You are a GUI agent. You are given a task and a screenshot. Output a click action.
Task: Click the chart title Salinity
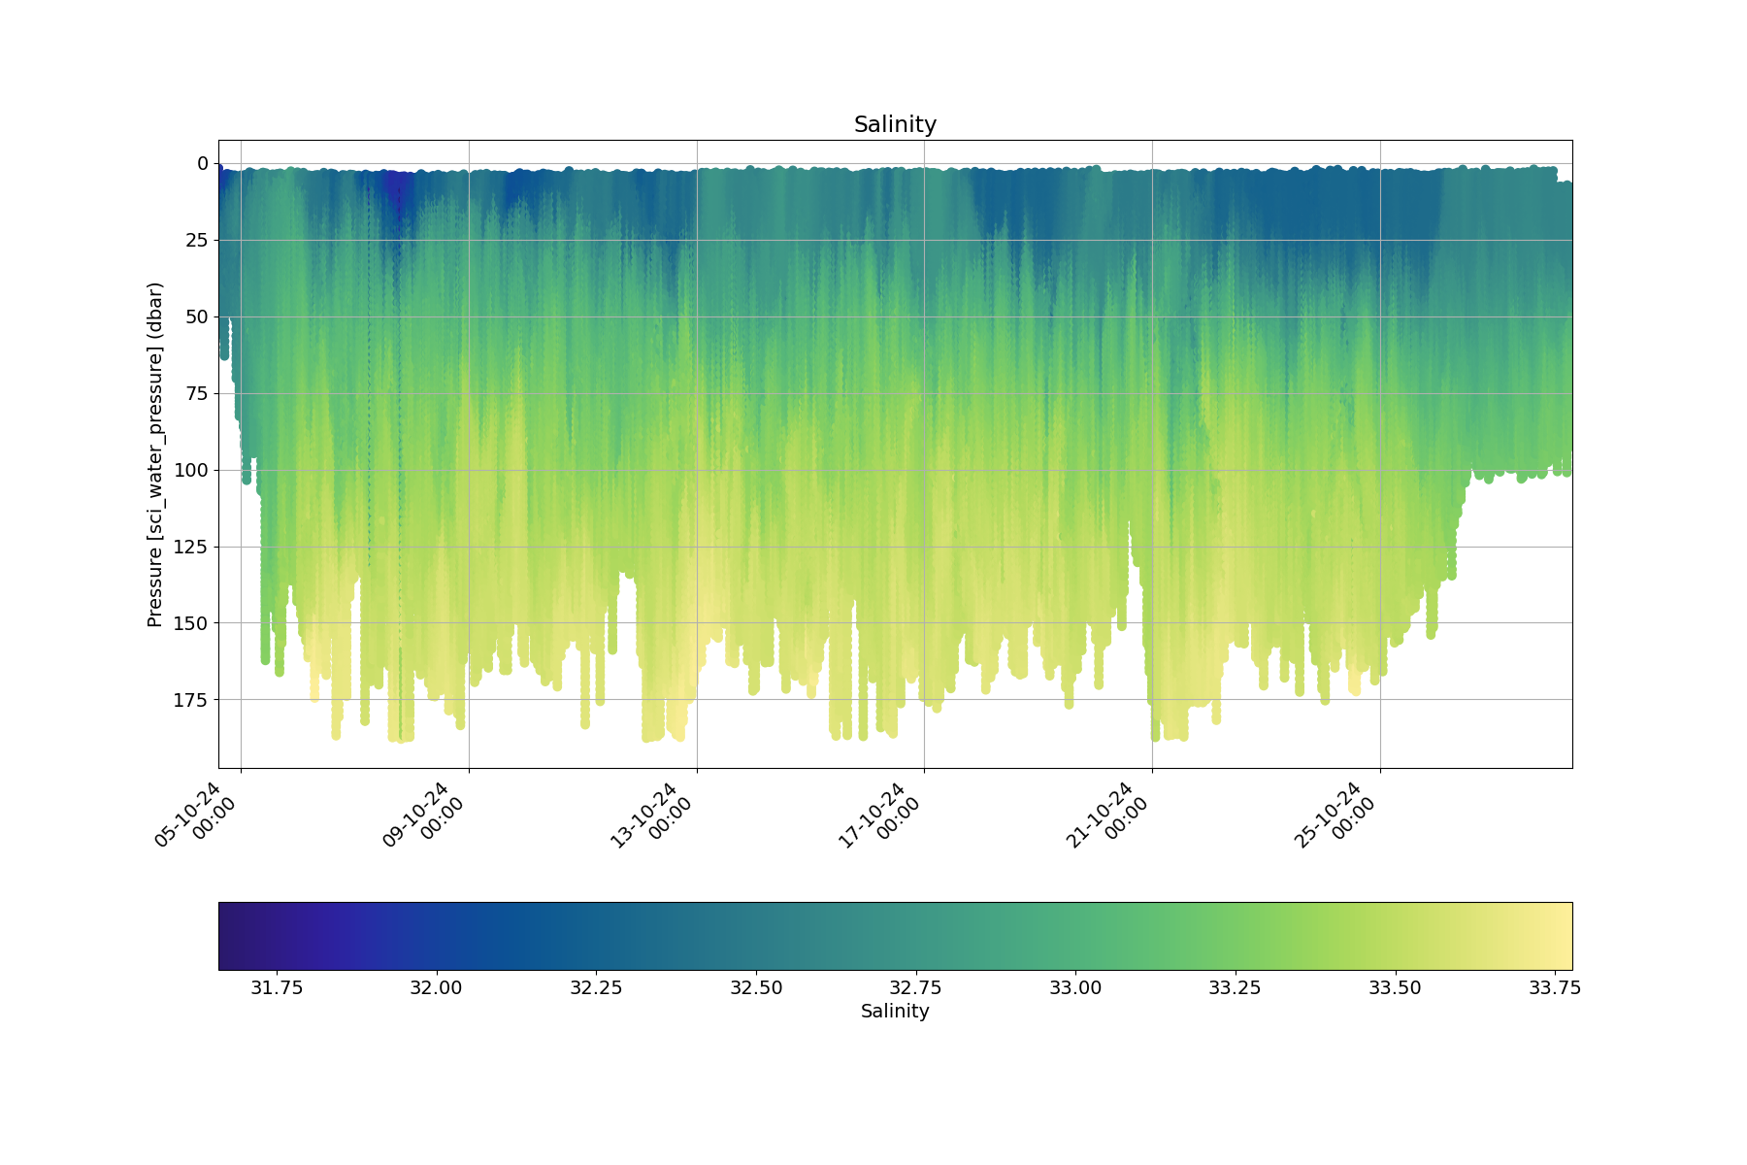tap(895, 124)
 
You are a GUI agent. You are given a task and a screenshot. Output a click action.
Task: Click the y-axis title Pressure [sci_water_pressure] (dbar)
tap(155, 454)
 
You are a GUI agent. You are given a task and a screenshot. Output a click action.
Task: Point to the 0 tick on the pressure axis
tap(203, 163)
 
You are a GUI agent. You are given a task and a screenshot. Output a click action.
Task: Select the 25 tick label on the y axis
tap(197, 240)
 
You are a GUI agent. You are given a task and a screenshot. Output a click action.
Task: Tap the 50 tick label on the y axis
tap(197, 316)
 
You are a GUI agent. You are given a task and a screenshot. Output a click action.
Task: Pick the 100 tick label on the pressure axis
tap(190, 470)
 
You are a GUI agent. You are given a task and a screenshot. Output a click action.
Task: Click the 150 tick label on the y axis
tap(190, 623)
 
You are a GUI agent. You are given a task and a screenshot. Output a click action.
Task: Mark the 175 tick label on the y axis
tap(190, 700)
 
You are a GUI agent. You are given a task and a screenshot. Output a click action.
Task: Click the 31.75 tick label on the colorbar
tap(278, 988)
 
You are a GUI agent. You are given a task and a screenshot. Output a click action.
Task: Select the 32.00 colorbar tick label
tap(437, 988)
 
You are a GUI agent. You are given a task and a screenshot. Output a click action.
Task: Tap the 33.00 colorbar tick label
tap(1075, 988)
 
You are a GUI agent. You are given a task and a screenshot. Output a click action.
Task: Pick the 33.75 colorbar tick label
tap(1555, 988)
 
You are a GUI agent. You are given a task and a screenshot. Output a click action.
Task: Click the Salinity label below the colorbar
tap(895, 1012)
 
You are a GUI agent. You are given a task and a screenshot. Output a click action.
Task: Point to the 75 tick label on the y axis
tap(197, 393)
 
